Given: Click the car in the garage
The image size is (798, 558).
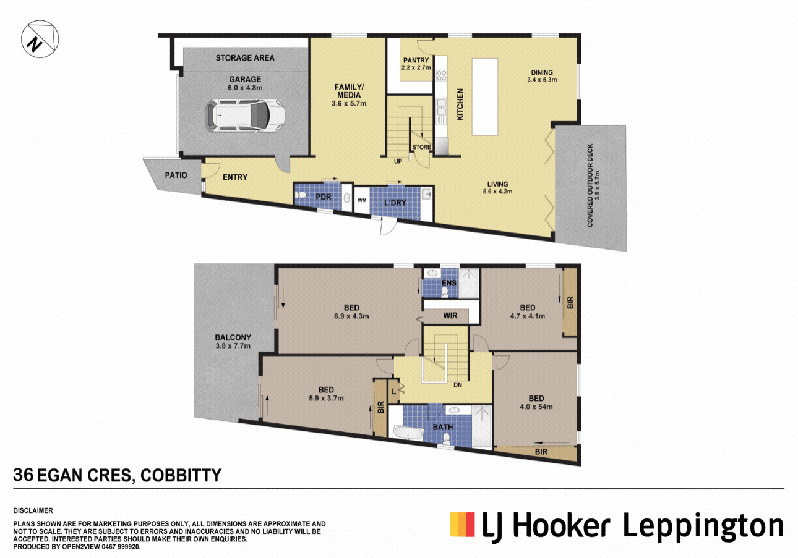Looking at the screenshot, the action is pos(246,116).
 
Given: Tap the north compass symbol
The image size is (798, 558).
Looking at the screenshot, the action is pos(40,39).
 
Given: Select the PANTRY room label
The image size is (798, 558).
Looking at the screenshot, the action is pos(416,60).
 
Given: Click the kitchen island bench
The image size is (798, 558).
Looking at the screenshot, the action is pos(484,97).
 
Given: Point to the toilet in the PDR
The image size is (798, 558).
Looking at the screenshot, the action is pos(301,195).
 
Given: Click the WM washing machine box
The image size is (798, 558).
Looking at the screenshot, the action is pos(362,200).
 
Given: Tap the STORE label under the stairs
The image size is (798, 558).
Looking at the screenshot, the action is pos(421,147).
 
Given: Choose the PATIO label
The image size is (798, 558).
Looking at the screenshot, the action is pos(176,175).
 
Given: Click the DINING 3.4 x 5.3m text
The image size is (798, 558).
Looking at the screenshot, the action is pos(542,76).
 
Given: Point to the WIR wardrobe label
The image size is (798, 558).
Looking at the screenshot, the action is pos(450,315).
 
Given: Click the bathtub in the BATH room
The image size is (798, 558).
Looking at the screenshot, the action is pos(409,433).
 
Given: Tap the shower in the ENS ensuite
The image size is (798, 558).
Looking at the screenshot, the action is pos(470,283).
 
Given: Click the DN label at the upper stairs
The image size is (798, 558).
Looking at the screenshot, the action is pos(458,385).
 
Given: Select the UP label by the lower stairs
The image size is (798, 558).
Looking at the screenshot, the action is pos(398,161).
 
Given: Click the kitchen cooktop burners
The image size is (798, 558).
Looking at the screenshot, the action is pos(442,75).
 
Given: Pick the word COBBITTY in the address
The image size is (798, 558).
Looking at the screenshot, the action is pos(181,475).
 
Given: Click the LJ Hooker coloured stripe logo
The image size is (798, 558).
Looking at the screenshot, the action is pos(462,524).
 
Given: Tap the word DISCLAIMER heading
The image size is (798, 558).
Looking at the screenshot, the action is pos(33,510).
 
